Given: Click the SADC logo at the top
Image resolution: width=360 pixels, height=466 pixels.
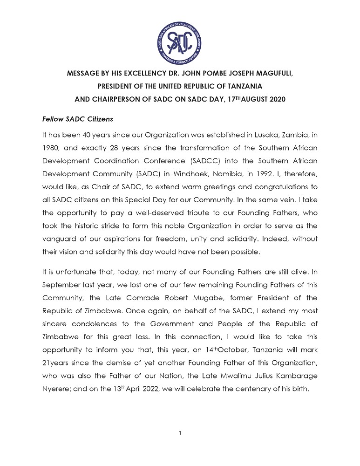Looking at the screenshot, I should click(x=180, y=37).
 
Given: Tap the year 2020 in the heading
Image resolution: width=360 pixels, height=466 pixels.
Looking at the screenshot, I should click(x=274, y=99).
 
